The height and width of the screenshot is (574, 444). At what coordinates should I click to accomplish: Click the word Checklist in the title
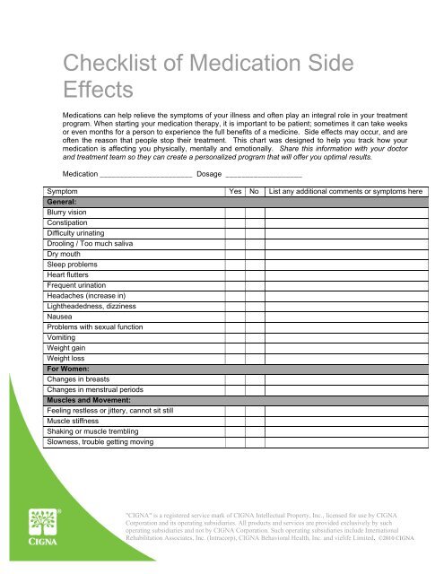tap(106, 63)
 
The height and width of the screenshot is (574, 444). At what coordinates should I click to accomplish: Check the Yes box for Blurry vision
tap(236, 213)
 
